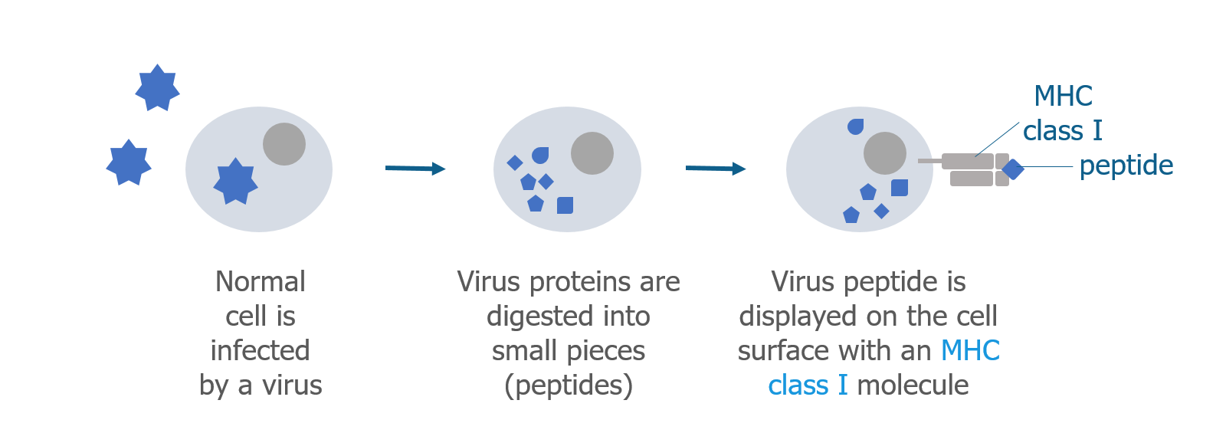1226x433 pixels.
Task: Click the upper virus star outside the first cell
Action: pyautogui.click(x=158, y=87)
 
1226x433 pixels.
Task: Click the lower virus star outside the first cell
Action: pyautogui.click(x=129, y=162)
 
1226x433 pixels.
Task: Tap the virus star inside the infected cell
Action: pyautogui.click(x=235, y=181)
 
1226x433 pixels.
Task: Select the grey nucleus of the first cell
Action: pyautogui.click(x=284, y=144)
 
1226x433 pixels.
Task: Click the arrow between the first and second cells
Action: pyautogui.click(x=415, y=168)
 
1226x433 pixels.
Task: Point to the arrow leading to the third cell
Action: pyautogui.click(x=716, y=168)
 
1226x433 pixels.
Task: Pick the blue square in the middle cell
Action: pyautogui.click(x=565, y=205)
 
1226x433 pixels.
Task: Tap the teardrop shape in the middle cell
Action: pyautogui.click(x=540, y=156)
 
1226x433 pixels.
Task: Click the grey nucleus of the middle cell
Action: pyautogui.click(x=592, y=153)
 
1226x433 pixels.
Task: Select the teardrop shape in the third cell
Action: pyautogui.click(x=855, y=126)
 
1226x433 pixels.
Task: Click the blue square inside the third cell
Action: pyautogui.click(x=900, y=188)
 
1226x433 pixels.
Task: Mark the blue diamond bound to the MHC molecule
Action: pyautogui.click(x=1012, y=169)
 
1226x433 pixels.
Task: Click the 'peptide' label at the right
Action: pyautogui.click(x=1126, y=166)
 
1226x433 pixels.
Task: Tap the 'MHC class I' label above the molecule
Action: pyautogui.click(x=1063, y=113)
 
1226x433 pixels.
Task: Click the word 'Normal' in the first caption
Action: pyautogui.click(x=261, y=282)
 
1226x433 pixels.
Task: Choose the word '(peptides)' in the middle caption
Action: pyautogui.click(x=569, y=386)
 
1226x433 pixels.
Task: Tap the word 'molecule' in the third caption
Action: pyautogui.click(x=913, y=385)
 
